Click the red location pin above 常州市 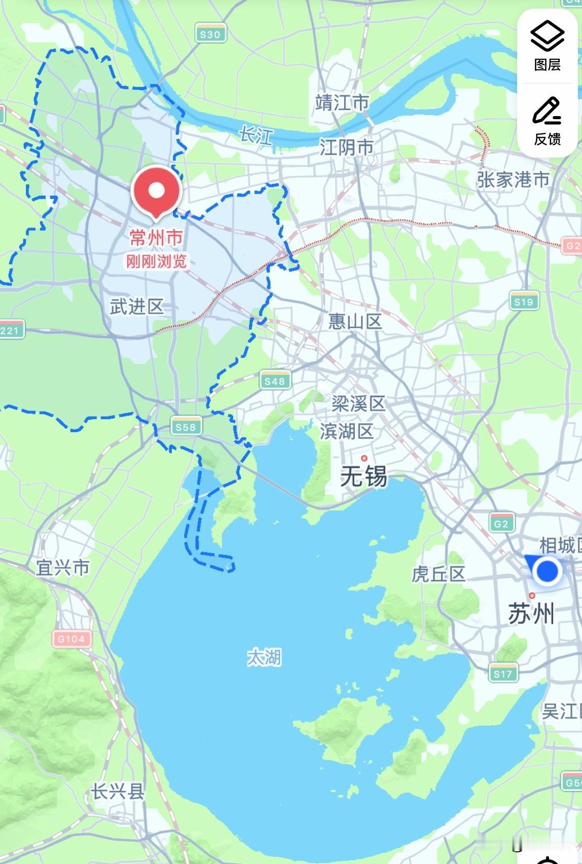coord(156,192)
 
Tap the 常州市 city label coord(156,237)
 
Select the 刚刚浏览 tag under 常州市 coord(156,261)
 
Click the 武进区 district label coord(137,307)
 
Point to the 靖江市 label coord(342,103)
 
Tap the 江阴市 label coord(347,147)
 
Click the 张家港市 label coord(513,179)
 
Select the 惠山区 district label coord(355,321)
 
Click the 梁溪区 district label coord(358,404)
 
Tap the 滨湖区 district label coord(347,431)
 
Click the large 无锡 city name coord(363,476)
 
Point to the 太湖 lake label coord(264,658)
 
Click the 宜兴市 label coord(62,568)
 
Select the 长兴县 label coord(118,792)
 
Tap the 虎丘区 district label coord(438,574)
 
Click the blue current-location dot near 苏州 coord(547,571)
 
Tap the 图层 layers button coord(547,46)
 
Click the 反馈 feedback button coord(547,120)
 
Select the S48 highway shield coord(275,381)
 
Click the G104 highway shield coord(71,638)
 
